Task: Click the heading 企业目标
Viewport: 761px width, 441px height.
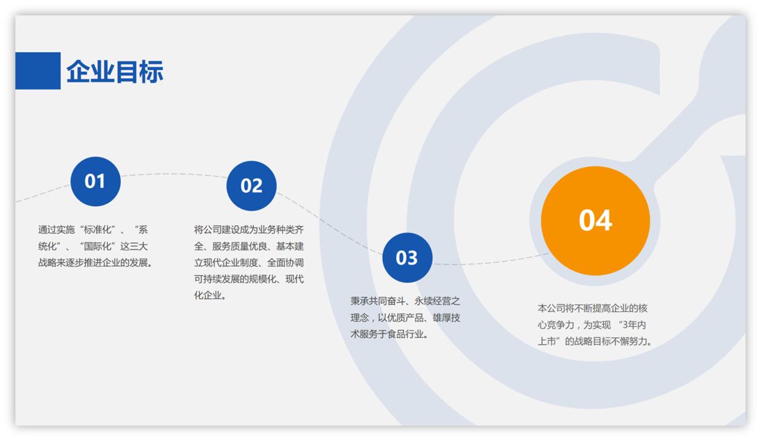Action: pyautogui.click(x=115, y=72)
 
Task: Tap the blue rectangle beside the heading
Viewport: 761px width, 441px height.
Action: pyautogui.click(x=37, y=71)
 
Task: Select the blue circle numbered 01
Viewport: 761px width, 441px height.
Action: pyautogui.click(x=95, y=181)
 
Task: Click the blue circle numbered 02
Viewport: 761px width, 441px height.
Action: pyautogui.click(x=251, y=185)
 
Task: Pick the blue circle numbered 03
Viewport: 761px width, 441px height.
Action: pyautogui.click(x=407, y=258)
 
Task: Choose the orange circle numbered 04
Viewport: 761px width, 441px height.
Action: pyautogui.click(x=595, y=220)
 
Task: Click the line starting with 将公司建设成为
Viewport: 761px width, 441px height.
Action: pyautogui.click(x=249, y=230)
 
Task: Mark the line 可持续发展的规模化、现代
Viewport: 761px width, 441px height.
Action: pyautogui.click(x=249, y=280)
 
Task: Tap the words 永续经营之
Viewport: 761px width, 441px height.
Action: pyautogui.click(x=437, y=301)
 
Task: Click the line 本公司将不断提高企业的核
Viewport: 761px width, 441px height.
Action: pyautogui.click(x=592, y=308)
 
